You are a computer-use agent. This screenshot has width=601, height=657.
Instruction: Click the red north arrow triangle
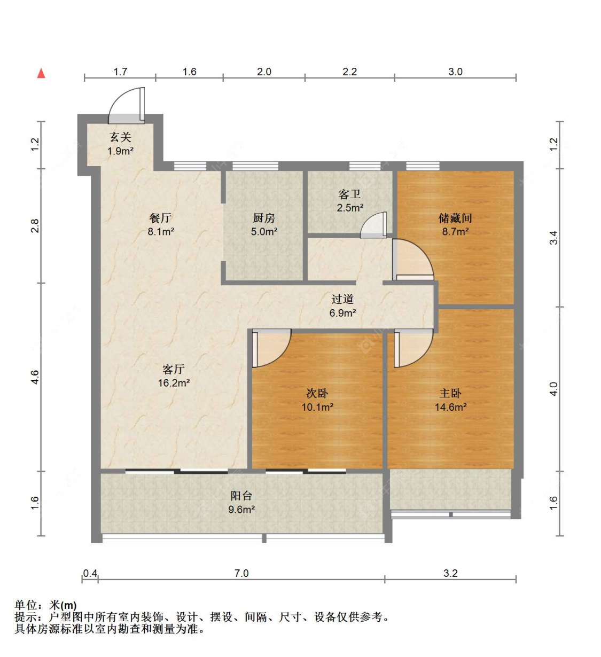coord(41,73)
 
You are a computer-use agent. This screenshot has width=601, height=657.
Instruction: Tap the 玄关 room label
coord(121,137)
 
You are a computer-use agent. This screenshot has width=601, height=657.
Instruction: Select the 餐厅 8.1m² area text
coord(161,232)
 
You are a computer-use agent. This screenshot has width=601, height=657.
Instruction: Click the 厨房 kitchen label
coord(264,218)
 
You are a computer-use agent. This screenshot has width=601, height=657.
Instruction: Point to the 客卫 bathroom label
coord(350,194)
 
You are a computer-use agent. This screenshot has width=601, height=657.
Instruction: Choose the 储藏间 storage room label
coord(455,218)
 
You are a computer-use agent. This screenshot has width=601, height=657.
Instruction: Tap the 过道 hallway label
coord(342,299)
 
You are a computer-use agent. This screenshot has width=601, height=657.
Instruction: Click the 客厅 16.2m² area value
coord(174,382)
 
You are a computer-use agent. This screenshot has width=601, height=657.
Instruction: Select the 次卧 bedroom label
coord(317,393)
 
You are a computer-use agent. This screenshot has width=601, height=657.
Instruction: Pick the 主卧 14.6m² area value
coord(450,407)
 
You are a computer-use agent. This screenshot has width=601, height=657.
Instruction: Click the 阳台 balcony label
coord(241,495)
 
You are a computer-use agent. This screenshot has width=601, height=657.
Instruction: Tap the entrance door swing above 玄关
coord(127,105)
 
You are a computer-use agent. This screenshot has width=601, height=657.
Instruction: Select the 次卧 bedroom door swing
coord(271,348)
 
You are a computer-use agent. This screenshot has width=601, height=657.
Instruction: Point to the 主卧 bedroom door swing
coord(413,348)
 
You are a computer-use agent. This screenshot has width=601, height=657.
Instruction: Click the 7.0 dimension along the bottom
coord(241,573)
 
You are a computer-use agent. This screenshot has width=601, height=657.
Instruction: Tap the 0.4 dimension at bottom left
coord(90,573)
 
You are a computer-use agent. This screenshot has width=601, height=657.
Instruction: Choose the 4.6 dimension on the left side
coord(35,377)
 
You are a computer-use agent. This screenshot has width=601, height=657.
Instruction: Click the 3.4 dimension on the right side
coord(553,238)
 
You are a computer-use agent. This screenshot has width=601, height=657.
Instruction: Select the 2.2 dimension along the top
coord(350,72)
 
